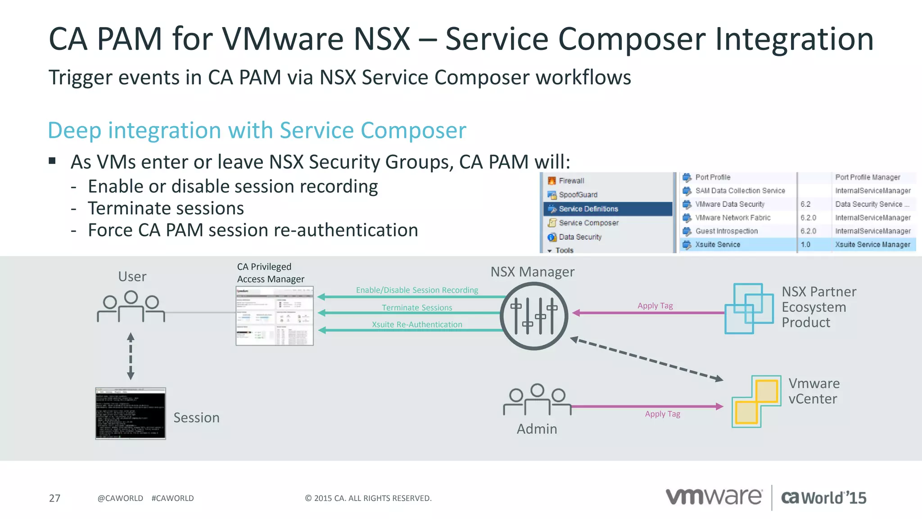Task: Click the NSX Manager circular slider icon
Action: tap(534, 316)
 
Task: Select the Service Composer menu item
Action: tap(588, 223)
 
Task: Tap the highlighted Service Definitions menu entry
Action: tap(588, 209)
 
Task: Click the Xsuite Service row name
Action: tap(717, 245)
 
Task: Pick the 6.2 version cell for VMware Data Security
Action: tap(805, 204)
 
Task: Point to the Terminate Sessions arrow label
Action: tap(417, 308)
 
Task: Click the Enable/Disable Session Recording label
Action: tap(417, 290)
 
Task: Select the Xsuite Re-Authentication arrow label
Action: tap(417, 324)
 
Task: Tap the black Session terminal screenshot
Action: tap(131, 413)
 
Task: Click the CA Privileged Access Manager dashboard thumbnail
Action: tap(275, 316)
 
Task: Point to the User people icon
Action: tap(131, 306)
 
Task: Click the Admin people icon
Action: tap(537, 399)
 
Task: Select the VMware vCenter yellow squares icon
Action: tap(756, 401)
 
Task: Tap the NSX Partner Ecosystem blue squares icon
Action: tap(749, 309)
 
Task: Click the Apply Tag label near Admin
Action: tap(662, 414)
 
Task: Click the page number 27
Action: tap(54, 498)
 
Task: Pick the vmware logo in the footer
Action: tap(714, 497)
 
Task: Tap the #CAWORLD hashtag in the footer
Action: tap(172, 498)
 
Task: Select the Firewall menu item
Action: tap(571, 181)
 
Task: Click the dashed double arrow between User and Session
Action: tap(131, 356)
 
